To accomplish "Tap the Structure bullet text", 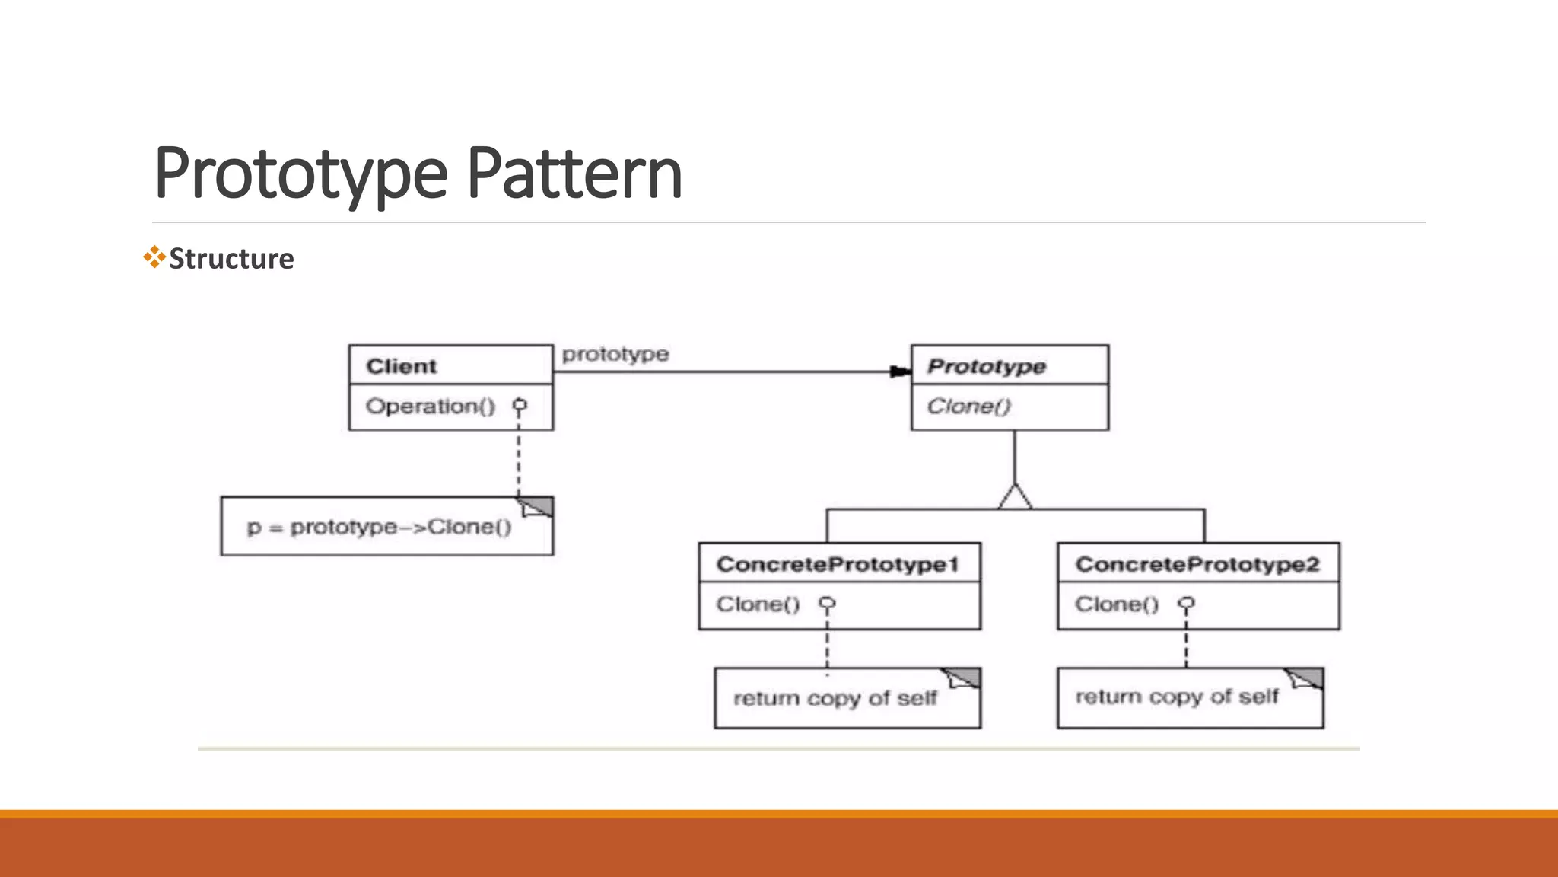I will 231,259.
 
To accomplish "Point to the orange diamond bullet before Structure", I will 154,257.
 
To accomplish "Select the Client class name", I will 401,366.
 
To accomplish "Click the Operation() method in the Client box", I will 430,407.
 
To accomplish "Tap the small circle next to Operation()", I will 520,404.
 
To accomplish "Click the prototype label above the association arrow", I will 615,355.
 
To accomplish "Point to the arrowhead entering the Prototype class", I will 901,372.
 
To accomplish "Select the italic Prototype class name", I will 986,367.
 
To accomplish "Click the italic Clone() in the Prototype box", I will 968,407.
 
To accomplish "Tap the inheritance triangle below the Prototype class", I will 1015,496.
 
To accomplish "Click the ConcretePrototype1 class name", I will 837,564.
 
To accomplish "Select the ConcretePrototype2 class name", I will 1197,564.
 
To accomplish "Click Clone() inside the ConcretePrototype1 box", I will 758,604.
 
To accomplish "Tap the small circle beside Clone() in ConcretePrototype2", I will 1186,603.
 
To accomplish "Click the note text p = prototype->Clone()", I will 379,528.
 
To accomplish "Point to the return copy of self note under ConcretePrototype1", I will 835,699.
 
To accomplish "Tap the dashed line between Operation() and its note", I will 519,457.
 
